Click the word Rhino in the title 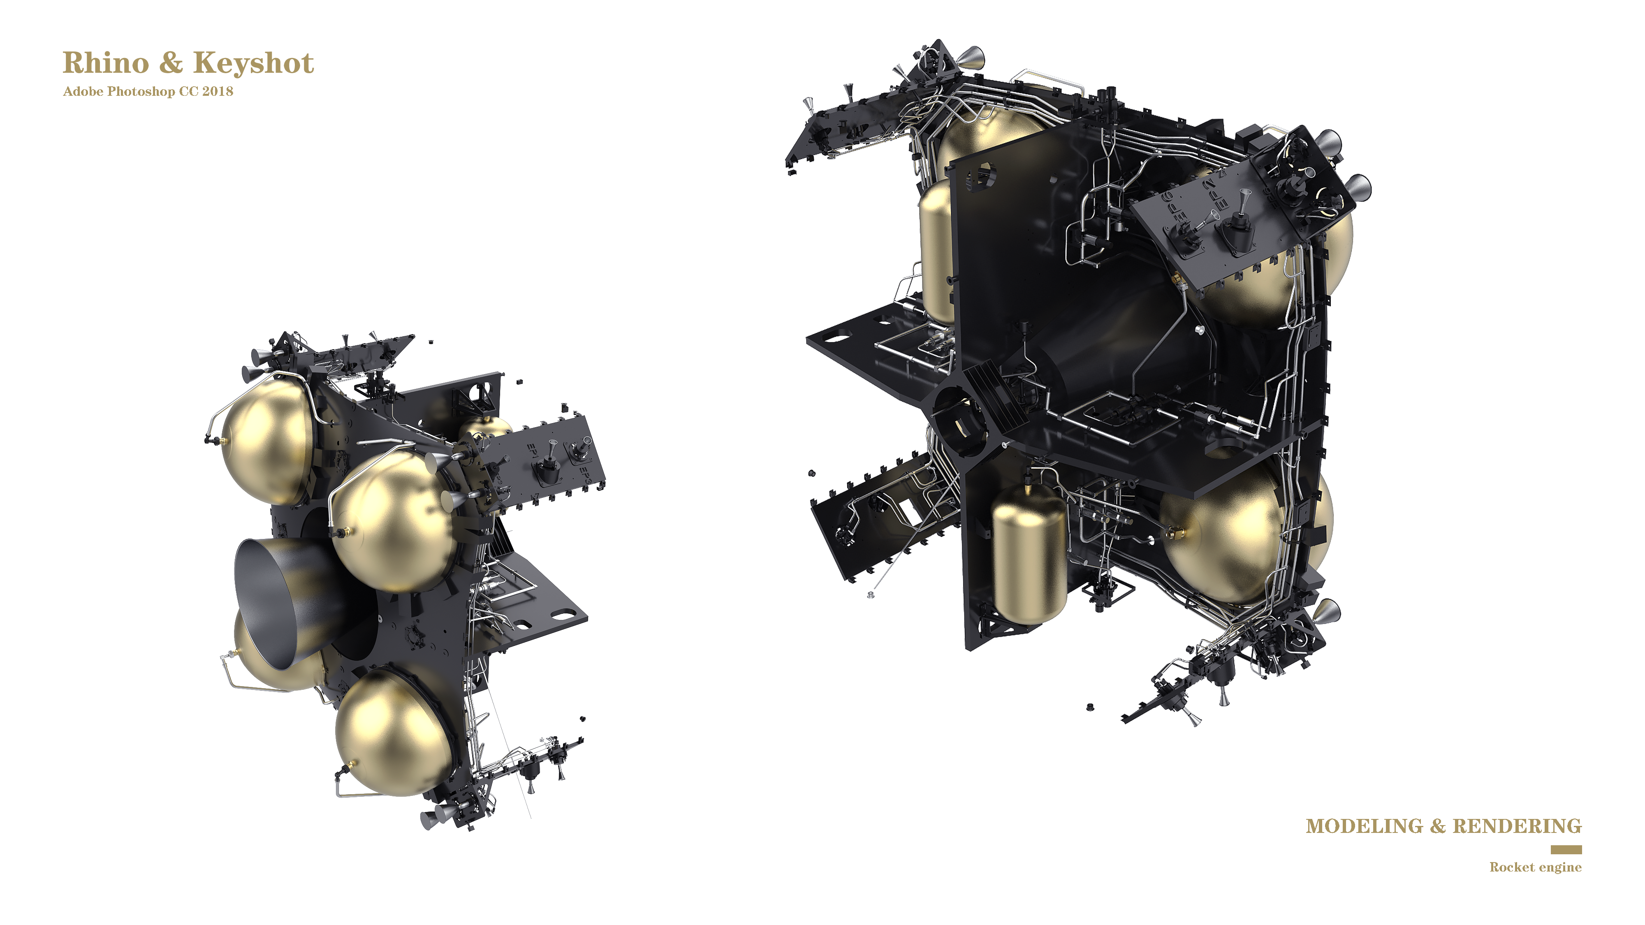click(x=105, y=63)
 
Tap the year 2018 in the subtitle click(x=218, y=91)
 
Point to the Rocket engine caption click(x=1535, y=867)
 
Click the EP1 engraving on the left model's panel click(x=531, y=451)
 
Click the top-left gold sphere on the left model click(x=268, y=440)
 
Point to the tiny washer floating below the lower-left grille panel click(x=870, y=595)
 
